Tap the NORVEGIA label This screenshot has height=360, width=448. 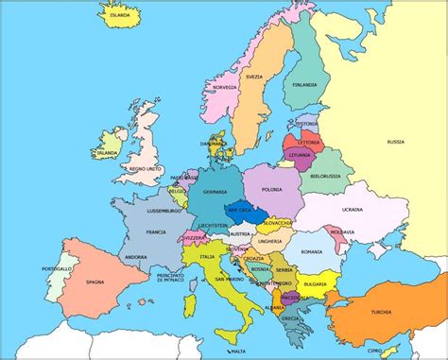(x=224, y=87)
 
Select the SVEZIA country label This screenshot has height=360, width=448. (x=254, y=76)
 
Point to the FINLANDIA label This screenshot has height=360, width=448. (x=304, y=83)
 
